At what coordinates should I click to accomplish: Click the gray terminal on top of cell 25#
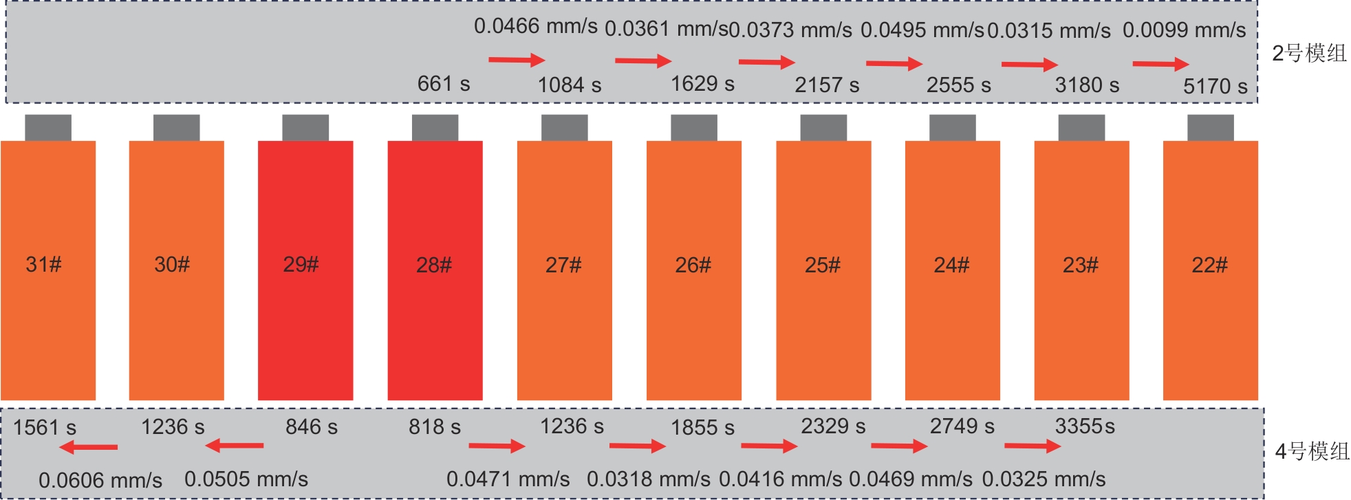(x=823, y=128)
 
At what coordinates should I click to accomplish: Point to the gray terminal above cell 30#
(x=176, y=128)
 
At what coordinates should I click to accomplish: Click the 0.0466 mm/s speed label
(x=535, y=26)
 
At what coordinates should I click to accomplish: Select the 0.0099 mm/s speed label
(x=1184, y=30)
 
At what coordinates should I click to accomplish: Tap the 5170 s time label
(x=1215, y=86)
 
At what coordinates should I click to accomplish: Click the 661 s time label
(x=444, y=84)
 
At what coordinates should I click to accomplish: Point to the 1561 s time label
(x=45, y=427)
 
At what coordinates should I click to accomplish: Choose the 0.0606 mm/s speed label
(x=100, y=480)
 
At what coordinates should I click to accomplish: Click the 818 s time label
(x=435, y=426)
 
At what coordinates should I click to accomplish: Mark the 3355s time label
(x=1085, y=426)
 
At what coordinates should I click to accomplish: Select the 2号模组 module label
(x=1309, y=53)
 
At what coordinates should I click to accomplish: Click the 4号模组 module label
(x=1312, y=451)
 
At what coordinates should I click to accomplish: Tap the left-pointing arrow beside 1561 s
(x=88, y=448)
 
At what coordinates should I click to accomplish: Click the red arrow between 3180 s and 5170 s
(x=1160, y=64)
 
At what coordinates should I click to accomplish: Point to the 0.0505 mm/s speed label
(x=246, y=479)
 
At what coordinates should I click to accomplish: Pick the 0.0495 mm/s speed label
(x=922, y=30)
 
